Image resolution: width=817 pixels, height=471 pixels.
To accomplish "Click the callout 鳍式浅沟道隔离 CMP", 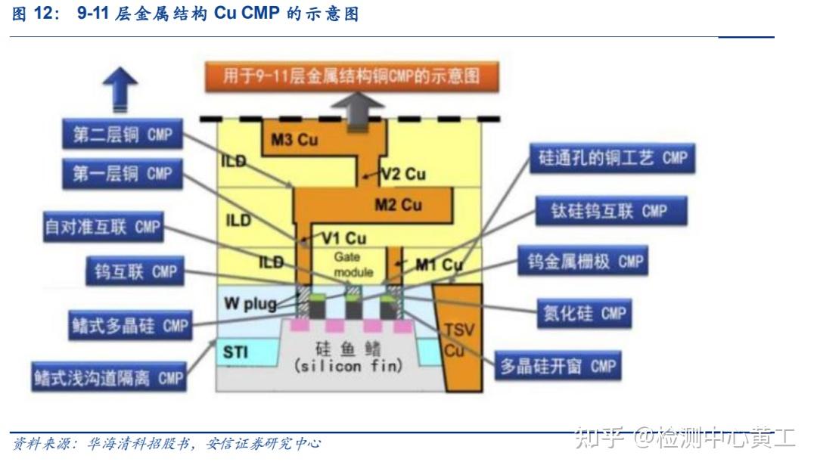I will (x=108, y=377).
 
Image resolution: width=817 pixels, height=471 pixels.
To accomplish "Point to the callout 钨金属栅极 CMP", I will (x=585, y=262).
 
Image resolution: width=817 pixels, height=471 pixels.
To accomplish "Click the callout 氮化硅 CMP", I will (x=586, y=312).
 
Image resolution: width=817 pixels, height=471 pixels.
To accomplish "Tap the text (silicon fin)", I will (x=347, y=365).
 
